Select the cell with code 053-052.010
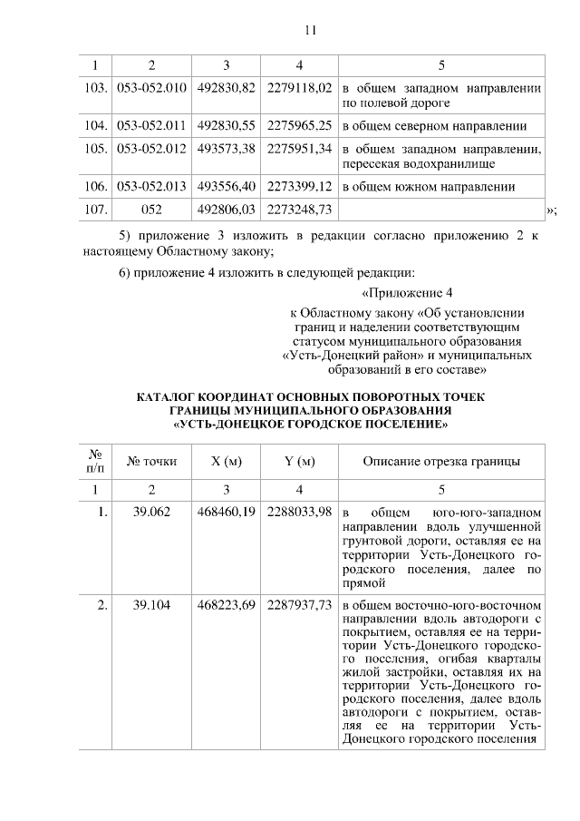click(151, 88)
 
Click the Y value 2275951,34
click(300, 149)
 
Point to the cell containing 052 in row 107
click(151, 210)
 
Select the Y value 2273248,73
click(300, 210)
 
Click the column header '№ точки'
click(151, 462)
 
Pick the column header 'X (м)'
click(226, 462)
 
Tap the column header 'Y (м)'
click(300, 462)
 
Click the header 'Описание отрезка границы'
click(441, 462)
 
